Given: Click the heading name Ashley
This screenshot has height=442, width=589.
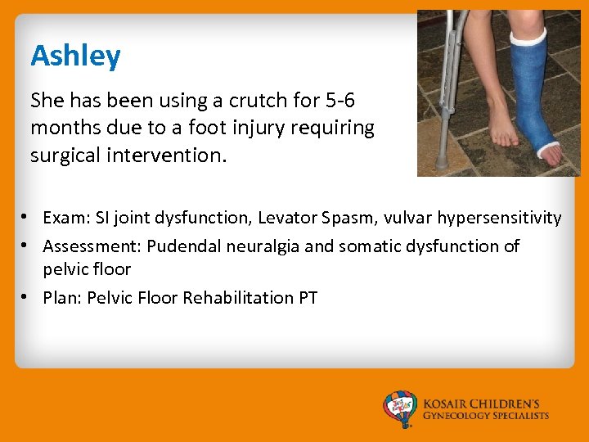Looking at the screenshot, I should pos(75,56).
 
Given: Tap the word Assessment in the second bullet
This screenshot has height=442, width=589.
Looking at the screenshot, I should pos(92,246).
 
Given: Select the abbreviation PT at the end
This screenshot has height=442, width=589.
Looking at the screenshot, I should pos(308,297).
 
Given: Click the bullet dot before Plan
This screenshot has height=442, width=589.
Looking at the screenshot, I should pos(26,297).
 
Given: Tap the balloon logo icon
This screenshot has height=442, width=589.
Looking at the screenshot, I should pos(401,408).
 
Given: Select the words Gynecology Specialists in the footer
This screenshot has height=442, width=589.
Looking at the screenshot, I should pos(486,416).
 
